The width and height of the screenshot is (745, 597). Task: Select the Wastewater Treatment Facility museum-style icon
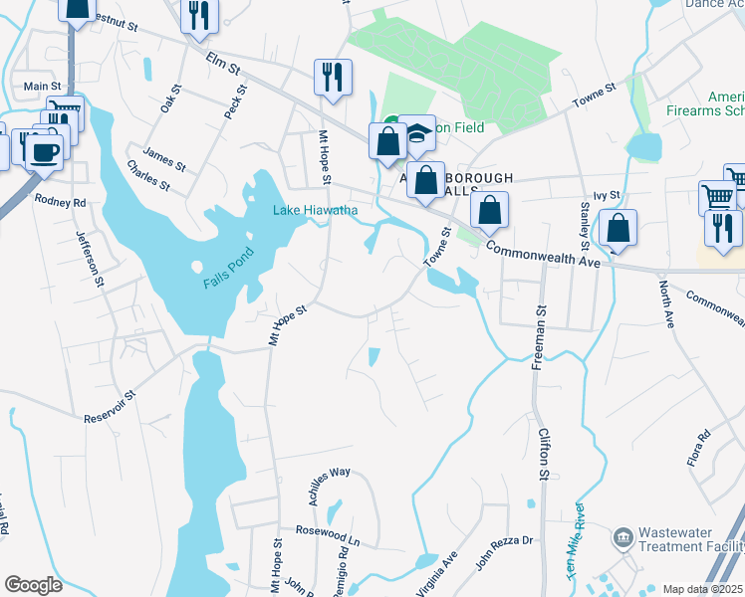pos(623,538)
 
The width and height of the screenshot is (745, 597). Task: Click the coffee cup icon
pos(43,152)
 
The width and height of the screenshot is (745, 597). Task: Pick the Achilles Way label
pos(330,486)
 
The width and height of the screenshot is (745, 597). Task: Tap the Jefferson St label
pos(90,256)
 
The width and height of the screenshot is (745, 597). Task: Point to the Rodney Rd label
pos(61,200)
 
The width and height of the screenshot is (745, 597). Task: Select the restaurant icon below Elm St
pos(332,78)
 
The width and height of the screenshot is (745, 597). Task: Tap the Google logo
pos(33,585)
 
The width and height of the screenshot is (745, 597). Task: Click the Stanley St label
pos(584,226)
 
